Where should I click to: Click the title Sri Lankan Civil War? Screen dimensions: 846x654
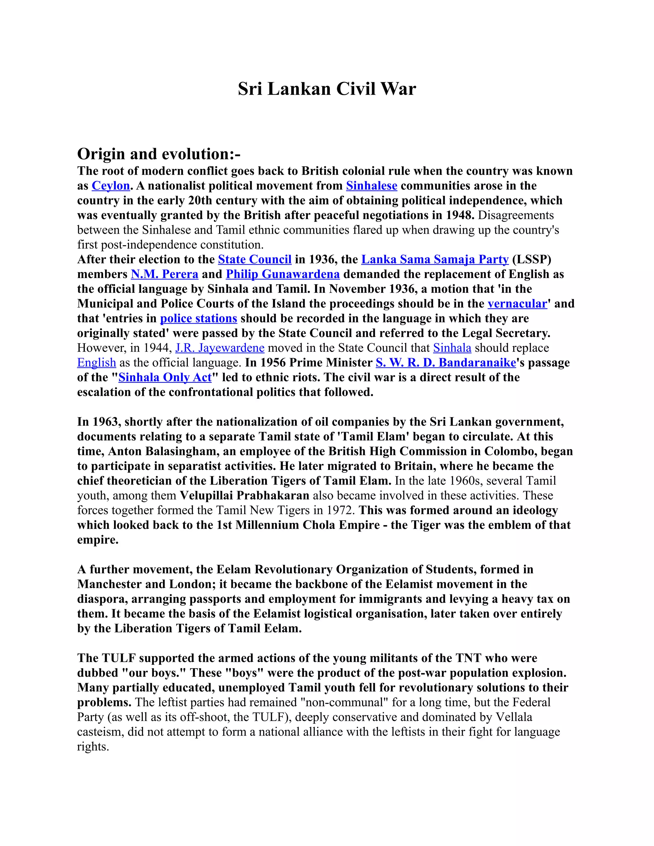pos(327,89)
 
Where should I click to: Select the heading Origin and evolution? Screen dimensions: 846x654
pos(158,154)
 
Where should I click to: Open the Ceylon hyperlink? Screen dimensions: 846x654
pos(110,186)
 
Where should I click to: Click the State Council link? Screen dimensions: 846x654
pos(255,260)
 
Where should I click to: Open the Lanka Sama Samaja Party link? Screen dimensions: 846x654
pos(435,260)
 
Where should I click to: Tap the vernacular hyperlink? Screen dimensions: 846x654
pos(517,304)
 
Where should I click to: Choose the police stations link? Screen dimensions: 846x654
pos(198,318)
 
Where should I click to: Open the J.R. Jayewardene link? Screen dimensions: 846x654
pos(220,348)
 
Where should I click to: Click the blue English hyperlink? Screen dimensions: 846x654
pos(96,363)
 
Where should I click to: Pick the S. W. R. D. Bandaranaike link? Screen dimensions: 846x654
pos(445,363)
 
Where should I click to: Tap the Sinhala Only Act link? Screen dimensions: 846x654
pos(165,377)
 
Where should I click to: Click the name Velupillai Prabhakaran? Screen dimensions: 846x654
pos(245,495)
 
